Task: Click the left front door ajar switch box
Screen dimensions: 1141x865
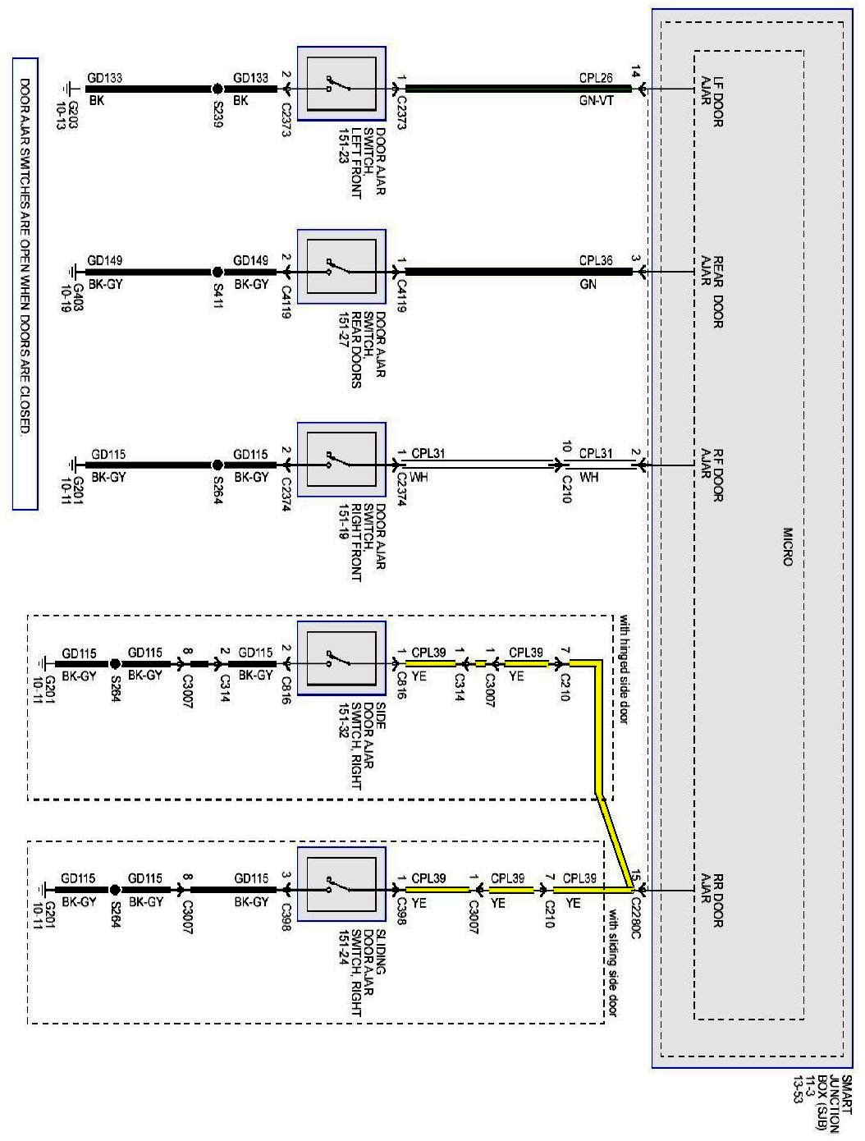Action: pyautogui.click(x=341, y=84)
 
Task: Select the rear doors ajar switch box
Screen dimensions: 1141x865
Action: pyautogui.click(x=341, y=267)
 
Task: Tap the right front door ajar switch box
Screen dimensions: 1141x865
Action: pyautogui.click(x=341, y=460)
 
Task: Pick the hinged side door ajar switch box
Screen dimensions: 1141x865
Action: pyautogui.click(x=341, y=658)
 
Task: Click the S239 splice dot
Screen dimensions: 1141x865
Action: pyautogui.click(x=217, y=89)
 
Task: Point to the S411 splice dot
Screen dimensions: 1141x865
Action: pyautogui.click(x=217, y=272)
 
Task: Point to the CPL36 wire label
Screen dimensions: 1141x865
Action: pyautogui.click(x=596, y=261)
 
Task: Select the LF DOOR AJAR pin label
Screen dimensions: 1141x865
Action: pyautogui.click(x=712, y=102)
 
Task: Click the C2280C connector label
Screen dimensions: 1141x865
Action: pyautogui.click(x=635, y=919)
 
